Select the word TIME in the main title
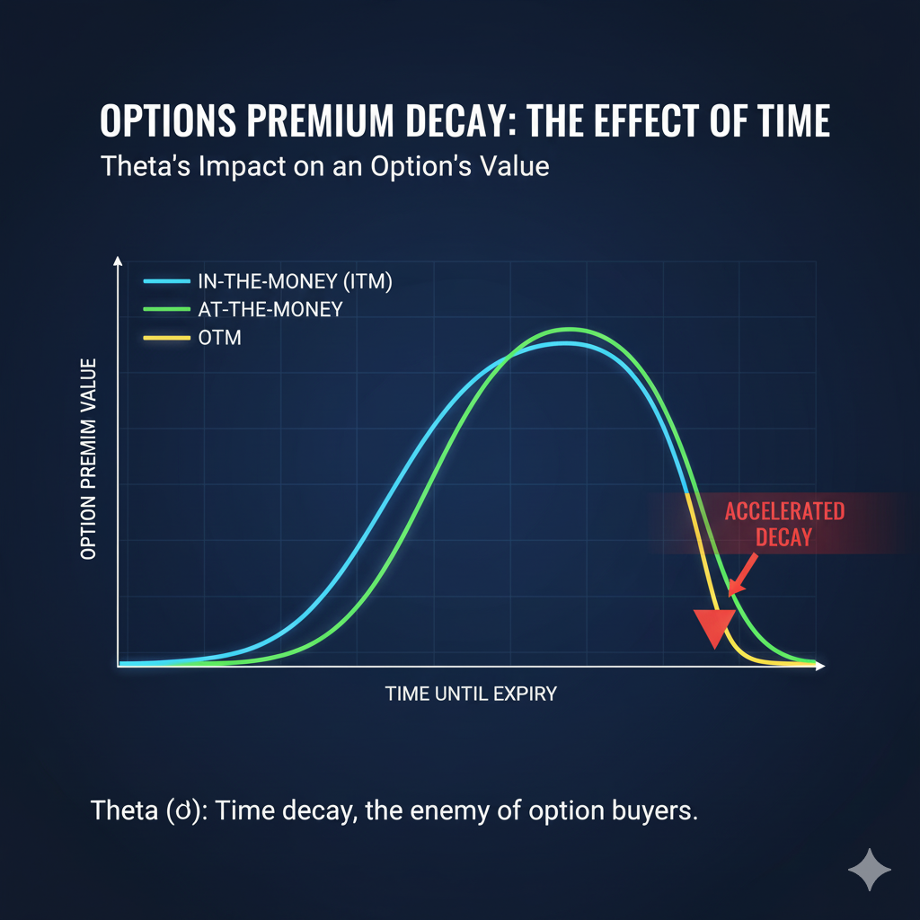pos(778,121)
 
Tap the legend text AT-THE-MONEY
pos(270,309)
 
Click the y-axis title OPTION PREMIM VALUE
pos(88,458)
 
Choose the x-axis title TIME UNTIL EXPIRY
pos(471,694)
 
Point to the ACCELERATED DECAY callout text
pos(784,524)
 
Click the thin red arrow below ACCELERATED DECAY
pos(744,575)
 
